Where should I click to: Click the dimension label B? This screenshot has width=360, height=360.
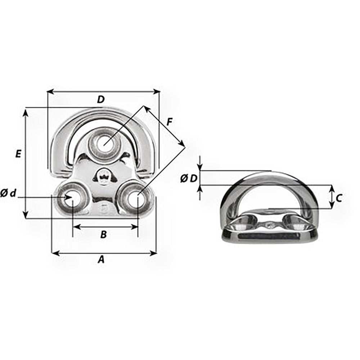click(103, 234)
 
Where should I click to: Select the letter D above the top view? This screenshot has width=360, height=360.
click(101, 100)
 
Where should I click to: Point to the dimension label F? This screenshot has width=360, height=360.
click(169, 122)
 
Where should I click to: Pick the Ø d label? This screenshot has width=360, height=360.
click(8, 194)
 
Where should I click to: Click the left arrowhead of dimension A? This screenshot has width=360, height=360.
click(54, 253)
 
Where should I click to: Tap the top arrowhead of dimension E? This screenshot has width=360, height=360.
click(25, 112)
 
